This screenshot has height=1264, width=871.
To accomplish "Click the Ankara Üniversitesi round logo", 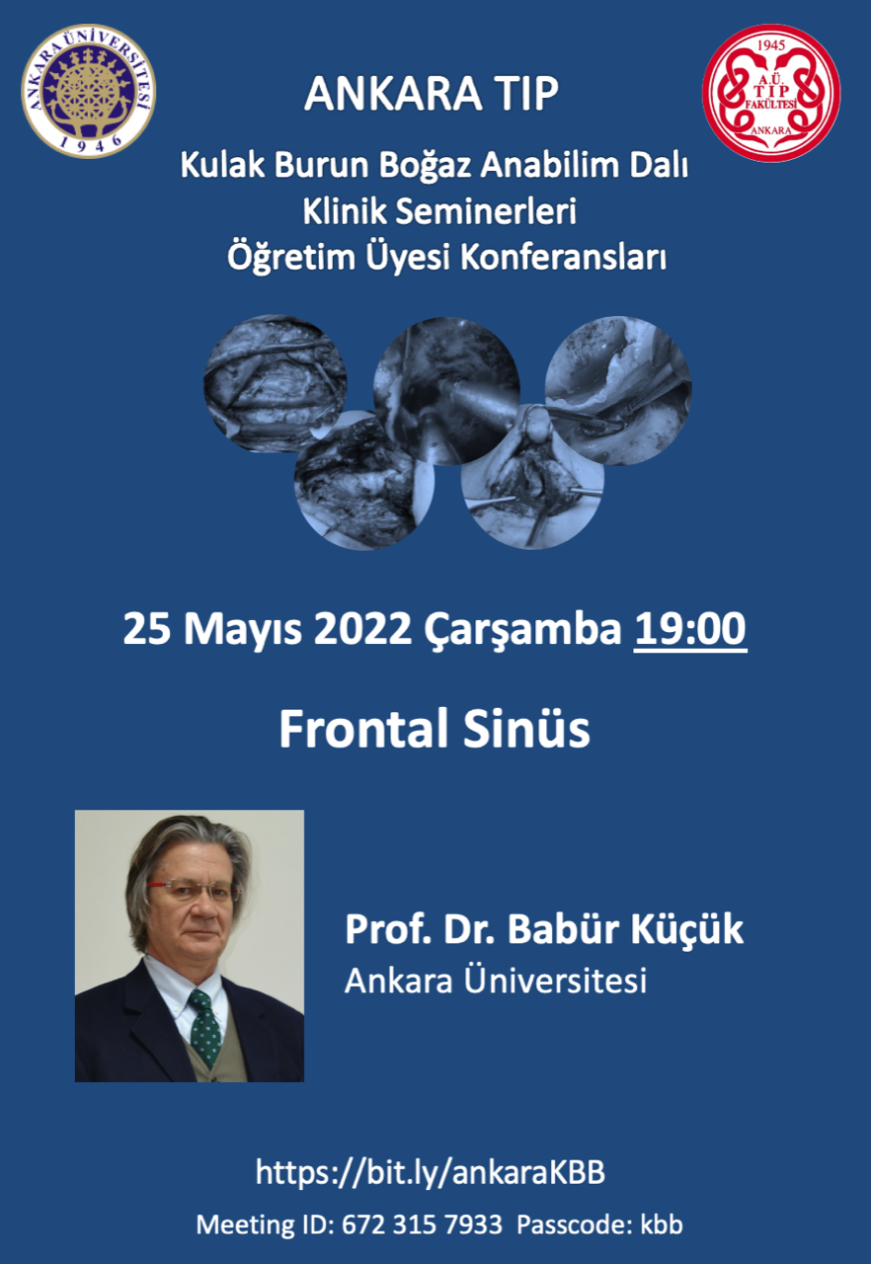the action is click(89, 91).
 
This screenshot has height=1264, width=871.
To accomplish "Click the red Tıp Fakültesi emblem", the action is click(771, 93).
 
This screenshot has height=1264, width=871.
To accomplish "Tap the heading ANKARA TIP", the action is click(432, 94).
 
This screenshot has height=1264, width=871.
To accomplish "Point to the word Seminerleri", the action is click(486, 212).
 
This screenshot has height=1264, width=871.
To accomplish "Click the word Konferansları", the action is click(563, 258).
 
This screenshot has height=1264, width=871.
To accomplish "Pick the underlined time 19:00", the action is click(690, 629).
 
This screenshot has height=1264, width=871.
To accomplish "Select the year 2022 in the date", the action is click(362, 630).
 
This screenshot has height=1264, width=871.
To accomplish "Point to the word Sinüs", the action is click(526, 729).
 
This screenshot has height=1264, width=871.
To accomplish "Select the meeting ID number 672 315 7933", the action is click(422, 1225).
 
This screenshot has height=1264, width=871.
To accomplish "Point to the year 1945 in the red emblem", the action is click(771, 45).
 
